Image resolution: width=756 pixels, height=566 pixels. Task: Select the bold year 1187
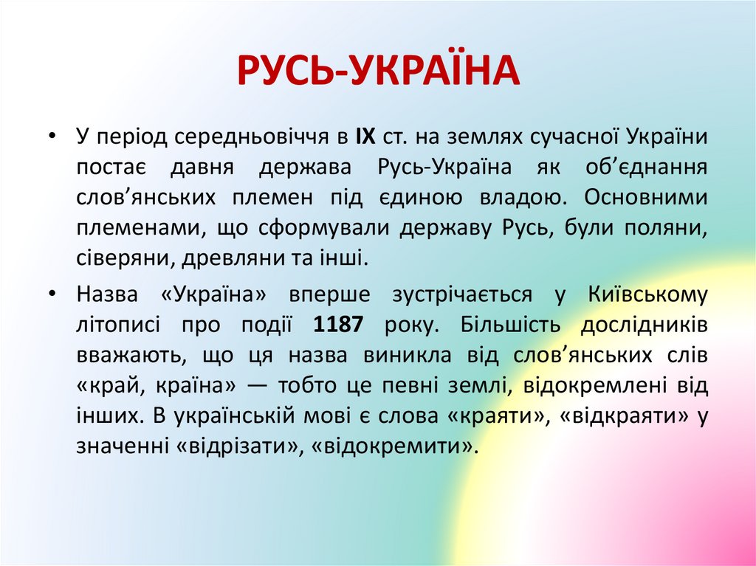point(337,325)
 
